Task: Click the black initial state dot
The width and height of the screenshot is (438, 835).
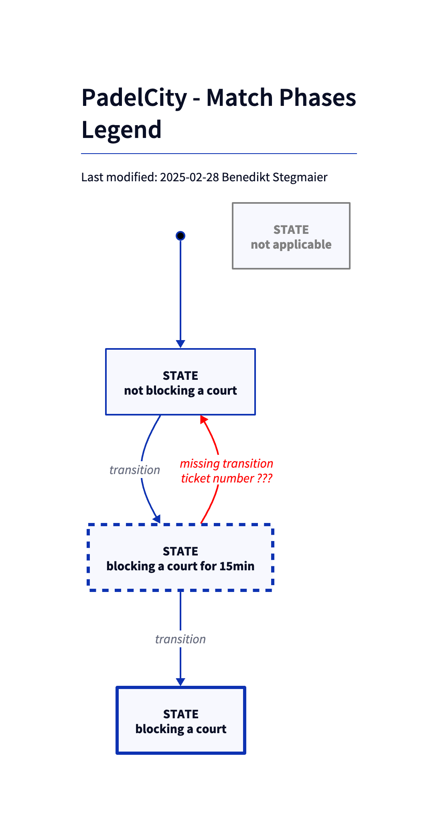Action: pos(180,235)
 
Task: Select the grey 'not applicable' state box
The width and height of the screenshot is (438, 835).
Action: pos(291,236)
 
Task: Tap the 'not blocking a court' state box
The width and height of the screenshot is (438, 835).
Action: pos(180,382)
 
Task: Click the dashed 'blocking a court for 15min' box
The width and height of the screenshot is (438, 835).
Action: pos(180,557)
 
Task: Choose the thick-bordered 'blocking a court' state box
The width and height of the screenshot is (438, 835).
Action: pos(180,720)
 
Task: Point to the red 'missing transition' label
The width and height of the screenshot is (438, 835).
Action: pos(226,464)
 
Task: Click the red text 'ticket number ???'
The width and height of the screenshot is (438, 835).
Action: pos(226,478)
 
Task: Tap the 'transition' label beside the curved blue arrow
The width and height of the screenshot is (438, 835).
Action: pos(135,470)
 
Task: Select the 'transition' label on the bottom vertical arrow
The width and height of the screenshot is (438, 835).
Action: pos(180,639)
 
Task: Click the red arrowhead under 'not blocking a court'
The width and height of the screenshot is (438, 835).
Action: pos(204,420)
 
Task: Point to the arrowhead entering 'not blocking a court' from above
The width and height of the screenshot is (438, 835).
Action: pos(180,344)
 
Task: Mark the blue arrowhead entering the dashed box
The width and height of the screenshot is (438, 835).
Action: pos(157,519)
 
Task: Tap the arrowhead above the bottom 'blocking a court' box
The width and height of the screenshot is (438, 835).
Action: pos(180,682)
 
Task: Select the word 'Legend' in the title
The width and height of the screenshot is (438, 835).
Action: pos(122,130)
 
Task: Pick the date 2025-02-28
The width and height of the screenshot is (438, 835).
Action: pos(189,177)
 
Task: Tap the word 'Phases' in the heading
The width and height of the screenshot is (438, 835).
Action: pos(317,98)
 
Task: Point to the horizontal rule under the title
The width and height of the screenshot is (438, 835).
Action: pos(219,154)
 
